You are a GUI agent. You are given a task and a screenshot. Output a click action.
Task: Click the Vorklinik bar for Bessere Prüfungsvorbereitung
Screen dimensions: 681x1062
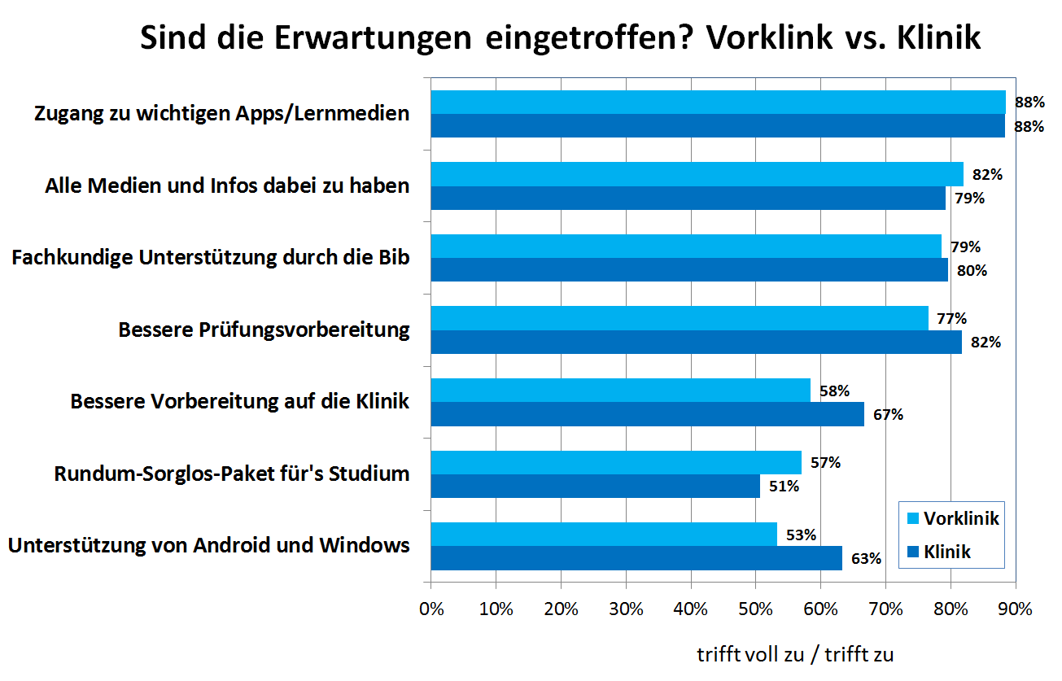click(679, 318)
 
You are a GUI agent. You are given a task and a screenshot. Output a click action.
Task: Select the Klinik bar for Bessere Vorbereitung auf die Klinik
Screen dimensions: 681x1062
click(647, 414)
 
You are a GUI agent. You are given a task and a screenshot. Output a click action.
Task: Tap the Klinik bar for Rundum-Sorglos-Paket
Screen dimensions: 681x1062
click(595, 486)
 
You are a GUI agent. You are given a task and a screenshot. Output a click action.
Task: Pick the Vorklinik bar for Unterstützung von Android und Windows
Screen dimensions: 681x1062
click(603, 534)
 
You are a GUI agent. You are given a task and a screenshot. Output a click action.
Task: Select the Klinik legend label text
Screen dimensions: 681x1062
click(947, 552)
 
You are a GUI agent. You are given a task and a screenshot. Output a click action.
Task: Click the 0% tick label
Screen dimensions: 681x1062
click(430, 609)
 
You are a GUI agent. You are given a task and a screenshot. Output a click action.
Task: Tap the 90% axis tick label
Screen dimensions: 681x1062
click(1015, 609)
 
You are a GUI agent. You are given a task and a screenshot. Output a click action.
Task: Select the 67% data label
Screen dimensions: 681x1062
click(889, 414)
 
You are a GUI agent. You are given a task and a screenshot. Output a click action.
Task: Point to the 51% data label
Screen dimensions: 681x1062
click(784, 487)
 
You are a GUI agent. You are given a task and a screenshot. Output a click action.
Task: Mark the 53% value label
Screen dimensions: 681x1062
click(801, 535)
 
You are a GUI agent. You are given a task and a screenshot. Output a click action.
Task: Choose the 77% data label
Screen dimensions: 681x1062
click(951, 318)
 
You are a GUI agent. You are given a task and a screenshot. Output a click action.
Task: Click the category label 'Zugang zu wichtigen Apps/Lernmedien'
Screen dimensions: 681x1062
click(221, 114)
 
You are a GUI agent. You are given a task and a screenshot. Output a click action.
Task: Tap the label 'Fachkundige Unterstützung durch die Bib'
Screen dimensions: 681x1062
click(210, 258)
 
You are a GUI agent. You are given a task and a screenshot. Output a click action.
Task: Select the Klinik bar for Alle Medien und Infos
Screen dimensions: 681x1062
click(688, 199)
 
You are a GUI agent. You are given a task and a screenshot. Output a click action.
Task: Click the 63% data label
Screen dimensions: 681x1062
click(866, 559)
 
